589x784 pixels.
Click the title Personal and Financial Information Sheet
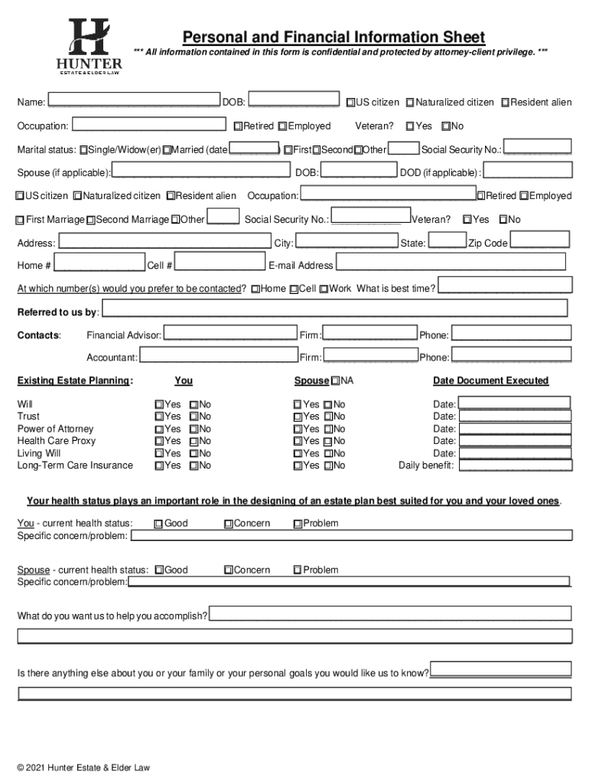coord(333,38)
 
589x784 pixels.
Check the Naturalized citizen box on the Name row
coord(411,103)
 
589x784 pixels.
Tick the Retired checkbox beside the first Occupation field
coord(239,126)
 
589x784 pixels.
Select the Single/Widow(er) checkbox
coord(83,149)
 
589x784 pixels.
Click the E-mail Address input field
coord(451,263)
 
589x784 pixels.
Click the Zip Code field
coord(539,242)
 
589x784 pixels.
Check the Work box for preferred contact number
coord(324,289)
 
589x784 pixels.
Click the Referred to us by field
coord(334,309)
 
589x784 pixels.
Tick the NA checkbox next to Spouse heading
coord(335,381)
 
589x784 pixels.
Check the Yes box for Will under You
coord(159,404)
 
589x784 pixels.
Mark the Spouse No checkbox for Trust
coord(327,416)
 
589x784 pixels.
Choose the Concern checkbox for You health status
coord(229,524)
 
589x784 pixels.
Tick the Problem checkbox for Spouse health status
coord(298,570)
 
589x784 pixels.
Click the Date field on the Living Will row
coord(514,452)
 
